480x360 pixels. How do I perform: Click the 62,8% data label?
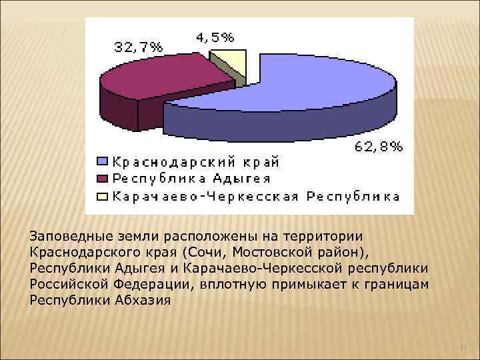[x=378, y=148]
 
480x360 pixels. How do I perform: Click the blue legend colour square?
[x=102, y=161]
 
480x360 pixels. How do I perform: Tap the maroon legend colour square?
[x=102, y=179]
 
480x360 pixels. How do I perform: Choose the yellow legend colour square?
[x=102, y=196]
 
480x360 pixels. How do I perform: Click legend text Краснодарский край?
[x=195, y=161]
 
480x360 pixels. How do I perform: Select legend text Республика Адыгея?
[x=191, y=179]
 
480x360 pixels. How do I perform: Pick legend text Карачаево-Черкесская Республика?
[x=256, y=196]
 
